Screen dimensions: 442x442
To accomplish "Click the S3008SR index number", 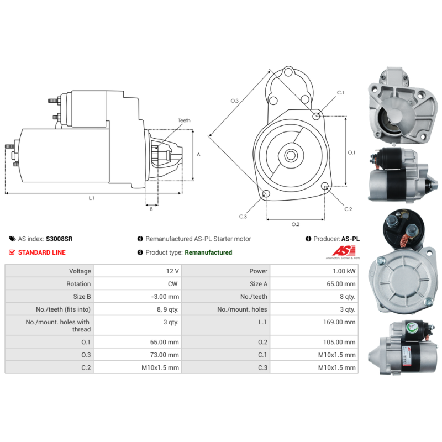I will (59, 239).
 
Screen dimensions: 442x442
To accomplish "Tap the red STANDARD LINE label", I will (41, 252).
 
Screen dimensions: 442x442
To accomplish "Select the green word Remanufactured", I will (208, 252).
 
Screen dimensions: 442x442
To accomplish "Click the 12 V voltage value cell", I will (172, 271).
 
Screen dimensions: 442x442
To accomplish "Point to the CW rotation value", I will (173, 284).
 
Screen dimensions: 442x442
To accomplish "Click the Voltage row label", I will (80, 271).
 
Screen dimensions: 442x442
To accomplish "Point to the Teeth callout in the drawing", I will (184, 120).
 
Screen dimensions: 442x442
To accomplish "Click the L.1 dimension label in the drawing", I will (92, 198).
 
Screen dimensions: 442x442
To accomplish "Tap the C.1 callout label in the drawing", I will (340, 93).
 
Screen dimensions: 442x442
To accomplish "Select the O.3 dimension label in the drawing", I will (234, 101).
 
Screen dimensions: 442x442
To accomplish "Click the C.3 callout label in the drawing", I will (243, 217).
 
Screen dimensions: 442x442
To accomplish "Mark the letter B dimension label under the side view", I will (151, 209).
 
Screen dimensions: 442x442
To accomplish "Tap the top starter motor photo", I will (402, 105).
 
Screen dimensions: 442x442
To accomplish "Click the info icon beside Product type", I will (140, 252).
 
